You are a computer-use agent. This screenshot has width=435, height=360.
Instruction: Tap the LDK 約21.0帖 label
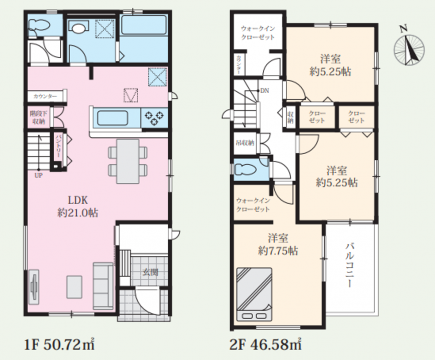[78, 206]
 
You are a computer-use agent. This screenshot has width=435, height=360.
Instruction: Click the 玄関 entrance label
[151, 272]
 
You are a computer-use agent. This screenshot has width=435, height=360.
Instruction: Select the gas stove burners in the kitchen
[154, 118]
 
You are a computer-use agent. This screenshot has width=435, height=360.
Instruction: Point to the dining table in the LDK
[128, 161]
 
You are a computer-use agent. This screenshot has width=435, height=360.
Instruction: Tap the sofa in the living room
[103, 286]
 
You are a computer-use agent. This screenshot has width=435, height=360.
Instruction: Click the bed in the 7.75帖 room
[254, 294]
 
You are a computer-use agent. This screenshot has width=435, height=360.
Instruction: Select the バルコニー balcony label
[350, 265]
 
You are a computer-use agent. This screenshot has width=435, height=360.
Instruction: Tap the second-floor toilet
[245, 169]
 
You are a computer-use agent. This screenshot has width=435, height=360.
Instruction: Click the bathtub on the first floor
[143, 25]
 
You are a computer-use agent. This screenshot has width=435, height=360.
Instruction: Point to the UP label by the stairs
[38, 175]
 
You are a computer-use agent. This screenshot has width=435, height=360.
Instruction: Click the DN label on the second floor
[265, 91]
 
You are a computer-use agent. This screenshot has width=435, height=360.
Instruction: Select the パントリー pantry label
[58, 146]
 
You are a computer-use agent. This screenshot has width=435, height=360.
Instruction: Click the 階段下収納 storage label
[39, 118]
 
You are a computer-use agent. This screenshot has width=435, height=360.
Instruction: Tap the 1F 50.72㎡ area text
[59, 345]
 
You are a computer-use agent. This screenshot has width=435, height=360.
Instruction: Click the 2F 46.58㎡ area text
[266, 345]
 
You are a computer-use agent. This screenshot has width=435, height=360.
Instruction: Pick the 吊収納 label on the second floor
[245, 143]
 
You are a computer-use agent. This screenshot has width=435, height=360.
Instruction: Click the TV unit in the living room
[34, 287]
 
